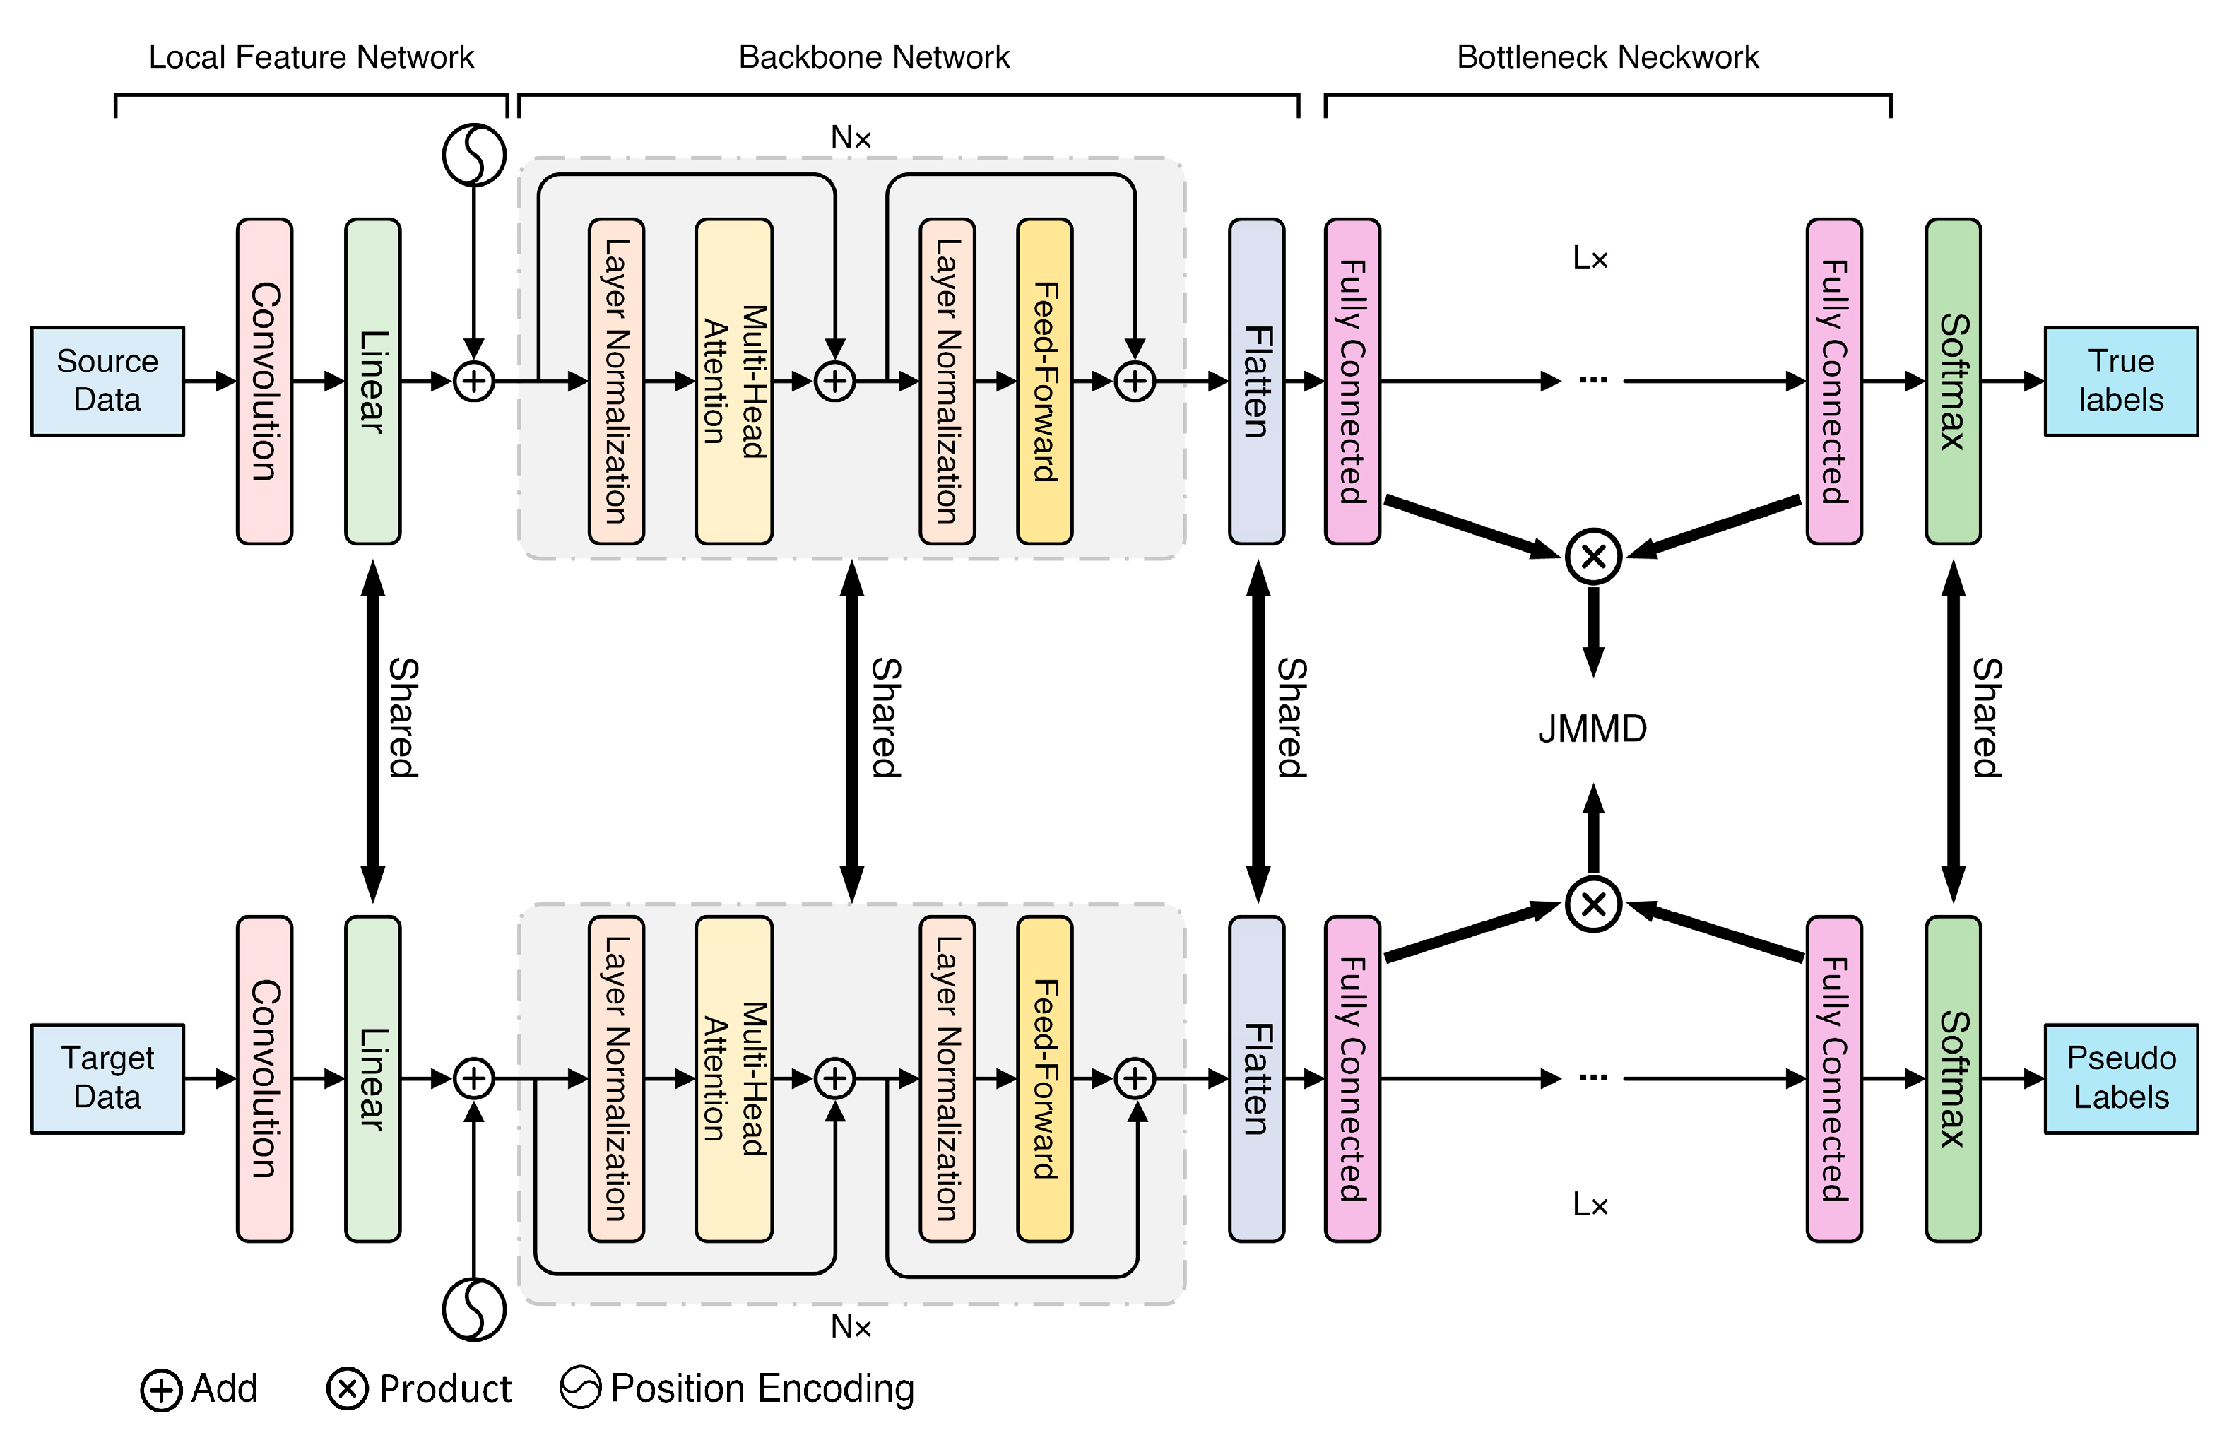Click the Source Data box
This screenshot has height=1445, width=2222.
(x=107, y=381)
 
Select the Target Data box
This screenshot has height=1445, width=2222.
(x=107, y=1078)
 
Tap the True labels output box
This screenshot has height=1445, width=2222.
(x=2120, y=381)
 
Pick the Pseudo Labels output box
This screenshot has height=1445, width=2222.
(x=2120, y=1078)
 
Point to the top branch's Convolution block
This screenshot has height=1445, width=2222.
(x=264, y=381)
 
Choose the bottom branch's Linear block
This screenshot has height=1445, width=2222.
(x=372, y=1078)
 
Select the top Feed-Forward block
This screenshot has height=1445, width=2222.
(x=1044, y=381)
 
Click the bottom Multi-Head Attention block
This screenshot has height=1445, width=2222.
(x=734, y=1078)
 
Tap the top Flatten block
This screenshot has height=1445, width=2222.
(x=1255, y=381)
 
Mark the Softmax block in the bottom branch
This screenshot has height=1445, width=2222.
(x=1953, y=1078)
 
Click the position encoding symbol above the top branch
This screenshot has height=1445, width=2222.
(x=474, y=154)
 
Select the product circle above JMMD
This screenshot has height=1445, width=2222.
(x=1592, y=556)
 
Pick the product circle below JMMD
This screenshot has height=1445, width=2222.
(x=1592, y=904)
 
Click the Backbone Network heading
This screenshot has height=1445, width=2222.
(x=874, y=57)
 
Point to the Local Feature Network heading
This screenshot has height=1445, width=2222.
(x=311, y=57)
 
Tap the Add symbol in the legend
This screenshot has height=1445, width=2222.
(x=160, y=1391)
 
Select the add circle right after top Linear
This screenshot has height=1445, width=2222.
(x=474, y=381)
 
